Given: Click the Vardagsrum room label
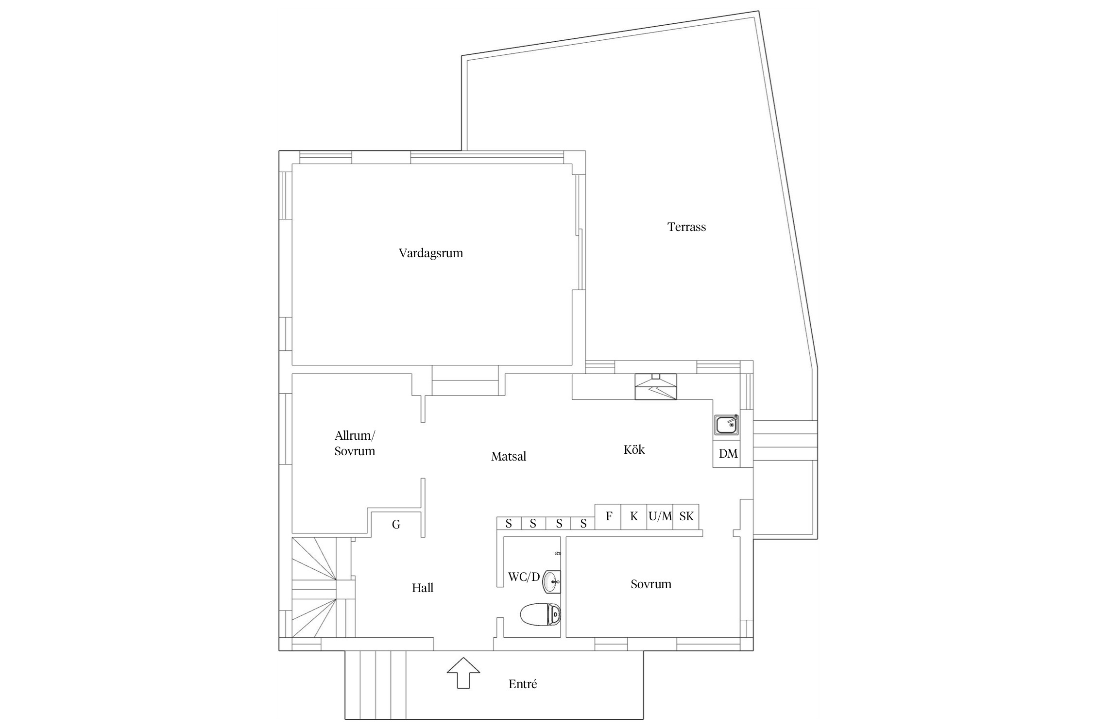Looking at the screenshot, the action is (431, 253).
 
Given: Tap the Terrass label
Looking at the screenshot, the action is (686, 227).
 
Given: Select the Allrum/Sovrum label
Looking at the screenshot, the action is (355, 443).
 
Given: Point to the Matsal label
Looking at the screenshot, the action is (509, 456).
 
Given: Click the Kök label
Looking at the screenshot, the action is (634, 449).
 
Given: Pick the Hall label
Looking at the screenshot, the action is (423, 588).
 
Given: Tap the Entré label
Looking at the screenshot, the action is (523, 684).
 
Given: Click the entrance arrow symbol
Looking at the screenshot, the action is (463, 673).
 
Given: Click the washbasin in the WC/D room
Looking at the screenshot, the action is (551, 581).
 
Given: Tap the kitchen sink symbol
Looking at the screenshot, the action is (726, 425).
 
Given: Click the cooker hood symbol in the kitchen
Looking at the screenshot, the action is (655, 387).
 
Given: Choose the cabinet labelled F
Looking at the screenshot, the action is (608, 517).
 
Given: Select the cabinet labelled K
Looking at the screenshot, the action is (634, 517).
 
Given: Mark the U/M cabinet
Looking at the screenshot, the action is (660, 517).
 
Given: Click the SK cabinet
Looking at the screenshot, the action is (686, 517).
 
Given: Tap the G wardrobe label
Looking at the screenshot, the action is (396, 525).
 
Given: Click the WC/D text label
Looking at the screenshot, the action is (524, 577).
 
